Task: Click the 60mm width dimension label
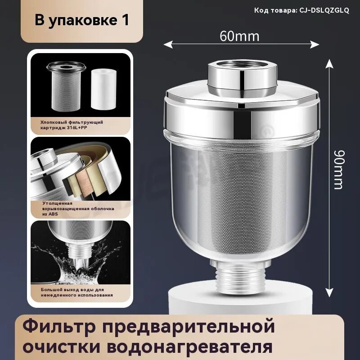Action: point(239,36)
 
